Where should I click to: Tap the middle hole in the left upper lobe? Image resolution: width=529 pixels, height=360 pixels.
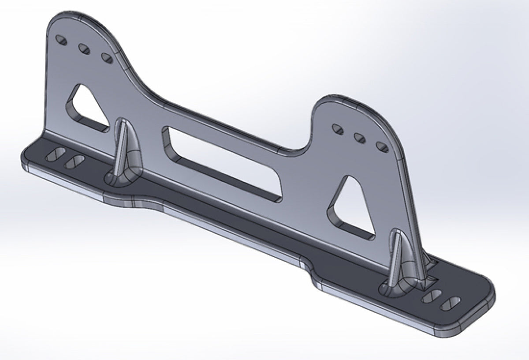pyautogui.click(x=84, y=48)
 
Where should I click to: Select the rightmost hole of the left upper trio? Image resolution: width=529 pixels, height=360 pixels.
pyautogui.click(x=106, y=57)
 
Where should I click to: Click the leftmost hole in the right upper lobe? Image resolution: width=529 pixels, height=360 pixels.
pyautogui.click(x=338, y=129)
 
